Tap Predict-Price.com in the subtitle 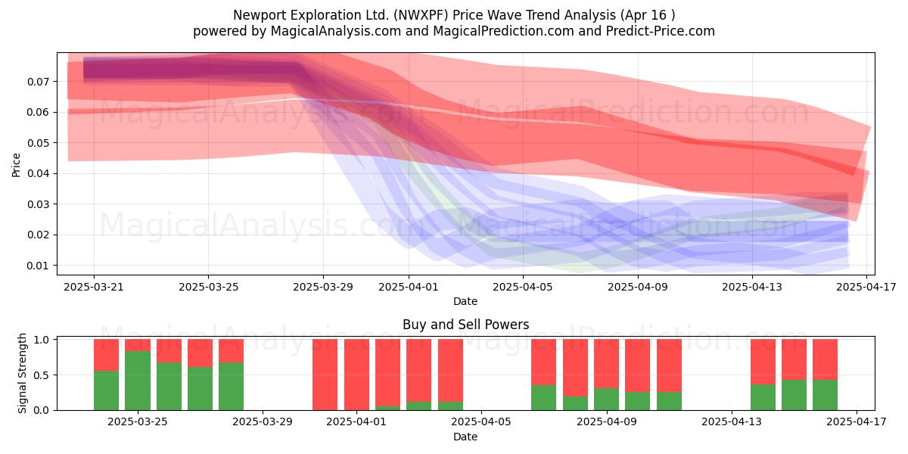tap(661, 31)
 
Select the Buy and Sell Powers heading tap(466, 325)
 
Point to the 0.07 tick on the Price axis tap(38, 82)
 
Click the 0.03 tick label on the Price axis tap(38, 204)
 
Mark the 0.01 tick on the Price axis tap(38, 266)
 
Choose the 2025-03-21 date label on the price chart tap(94, 287)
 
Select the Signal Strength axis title tap(22, 373)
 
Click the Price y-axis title tap(16, 165)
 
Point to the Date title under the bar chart tap(465, 437)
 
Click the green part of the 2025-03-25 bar tap(138, 381)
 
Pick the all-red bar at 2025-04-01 tap(356, 375)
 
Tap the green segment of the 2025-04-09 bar tap(606, 399)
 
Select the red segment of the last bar tap(825, 359)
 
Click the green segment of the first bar tap(106, 390)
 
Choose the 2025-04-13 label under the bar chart tap(732, 422)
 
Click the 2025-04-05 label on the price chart tap(523, 287)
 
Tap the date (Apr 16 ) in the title tap(648, 15)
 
